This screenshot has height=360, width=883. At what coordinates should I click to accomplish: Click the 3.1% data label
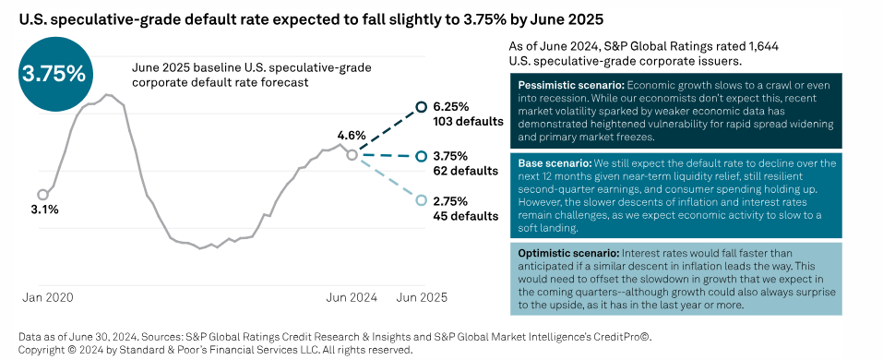point(45,210)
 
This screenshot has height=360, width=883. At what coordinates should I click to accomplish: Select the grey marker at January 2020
point(42,194)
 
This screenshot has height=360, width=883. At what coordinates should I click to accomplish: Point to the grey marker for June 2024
point(352,155)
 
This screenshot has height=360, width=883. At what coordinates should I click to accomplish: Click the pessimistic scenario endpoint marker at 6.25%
point(422,106)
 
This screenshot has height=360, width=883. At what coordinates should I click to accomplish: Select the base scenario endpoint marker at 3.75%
point(422,156)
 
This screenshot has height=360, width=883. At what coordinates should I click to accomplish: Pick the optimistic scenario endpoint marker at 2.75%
point(422,200)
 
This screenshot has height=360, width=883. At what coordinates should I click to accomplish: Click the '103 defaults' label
point(468,121)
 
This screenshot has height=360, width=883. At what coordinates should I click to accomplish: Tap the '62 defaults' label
point(465,171)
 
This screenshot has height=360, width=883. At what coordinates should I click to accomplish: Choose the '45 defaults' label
point(465,216)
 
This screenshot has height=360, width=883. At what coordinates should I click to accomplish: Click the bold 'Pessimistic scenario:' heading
point(566,85)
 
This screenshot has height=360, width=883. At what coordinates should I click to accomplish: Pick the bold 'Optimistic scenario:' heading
point(564,252)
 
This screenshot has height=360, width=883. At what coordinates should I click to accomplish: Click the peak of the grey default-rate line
point(108,94)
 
